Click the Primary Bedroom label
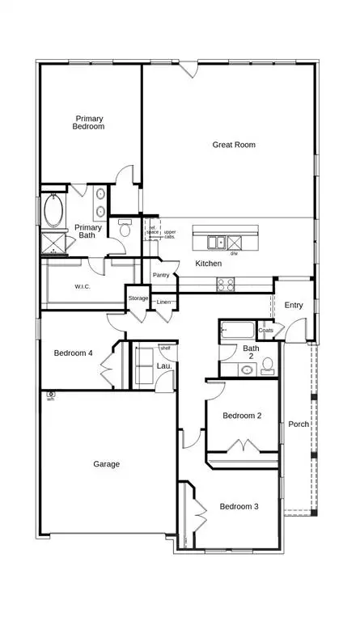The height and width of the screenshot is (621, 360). tap(89, 122)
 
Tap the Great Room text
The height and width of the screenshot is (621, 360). tap(234, 145)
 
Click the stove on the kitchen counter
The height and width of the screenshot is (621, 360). tap(224, 284)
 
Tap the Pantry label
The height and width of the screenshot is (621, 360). tap(161, 275)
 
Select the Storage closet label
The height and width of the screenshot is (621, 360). tap(138, 298)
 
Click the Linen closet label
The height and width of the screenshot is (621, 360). tap(164, 302)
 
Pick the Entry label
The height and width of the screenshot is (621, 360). tap(293, 305)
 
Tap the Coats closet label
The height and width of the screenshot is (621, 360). tap(266, 330)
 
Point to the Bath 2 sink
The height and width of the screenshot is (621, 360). tap(248, 370)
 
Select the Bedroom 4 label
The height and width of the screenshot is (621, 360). tap(74, 353)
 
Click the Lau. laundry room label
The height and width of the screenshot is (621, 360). tap(162, 366)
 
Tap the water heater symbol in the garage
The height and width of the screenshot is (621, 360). tap(50, 395)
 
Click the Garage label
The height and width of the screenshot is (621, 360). tap(106, 464)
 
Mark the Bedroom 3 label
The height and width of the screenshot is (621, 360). tap(239, 506)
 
